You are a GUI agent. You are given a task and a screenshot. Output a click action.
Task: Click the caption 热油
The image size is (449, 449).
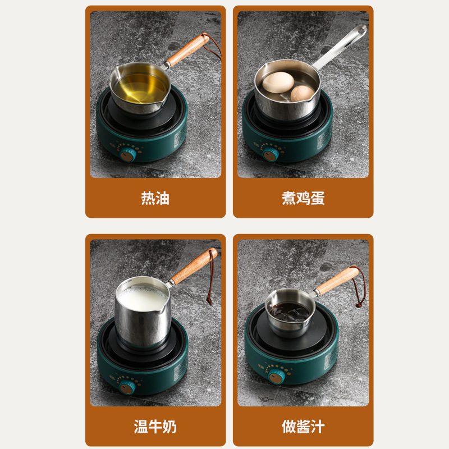(x=155, y=198)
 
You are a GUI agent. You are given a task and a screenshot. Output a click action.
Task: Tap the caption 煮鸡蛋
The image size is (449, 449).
(x=303, y=198)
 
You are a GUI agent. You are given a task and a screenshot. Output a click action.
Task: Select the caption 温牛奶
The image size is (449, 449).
(x=155, y=427)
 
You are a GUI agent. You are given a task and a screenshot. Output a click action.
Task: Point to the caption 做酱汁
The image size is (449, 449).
(x=303, y=427)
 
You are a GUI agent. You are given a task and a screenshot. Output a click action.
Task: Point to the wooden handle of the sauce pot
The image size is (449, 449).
(x=336, y=281)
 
